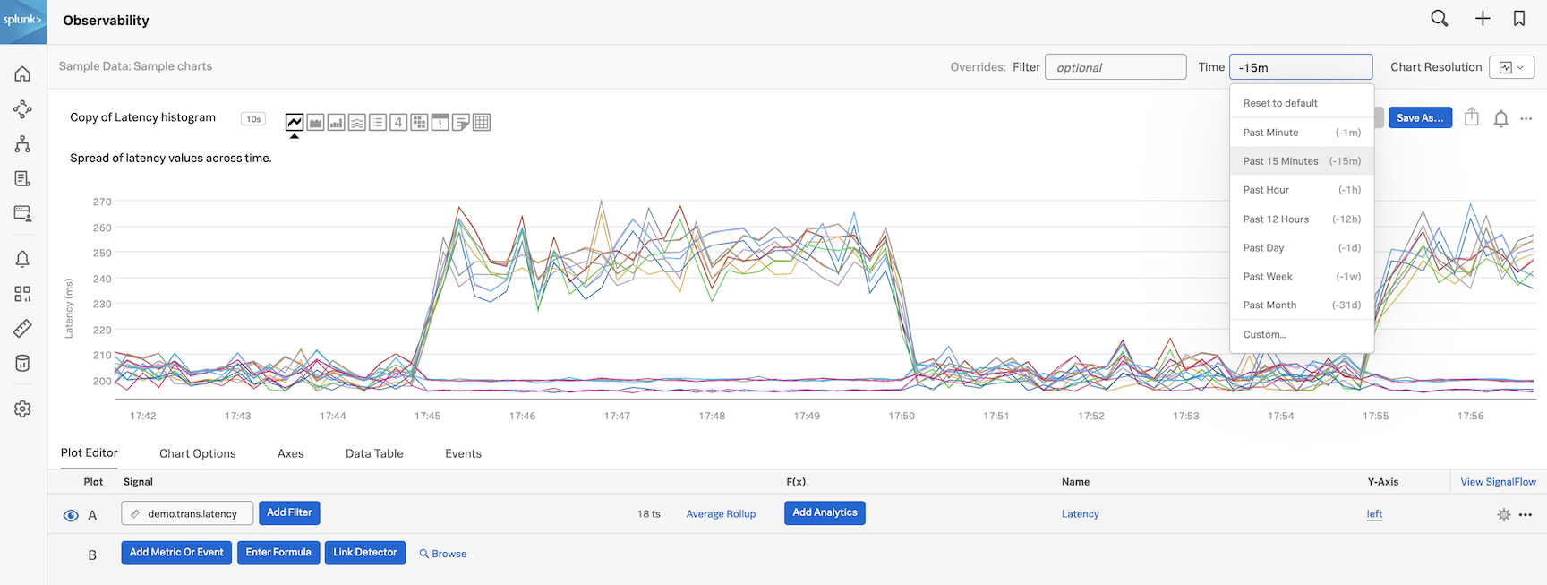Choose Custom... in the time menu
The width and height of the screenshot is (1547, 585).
pos(1264,334)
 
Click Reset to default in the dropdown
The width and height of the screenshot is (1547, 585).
pos(1280,103)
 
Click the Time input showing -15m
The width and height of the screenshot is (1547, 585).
pos(1300,67)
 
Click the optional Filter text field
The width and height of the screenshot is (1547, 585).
pos(1115,67)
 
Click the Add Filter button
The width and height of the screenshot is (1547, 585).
pos(289,513)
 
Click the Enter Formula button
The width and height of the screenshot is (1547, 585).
pos(278,553)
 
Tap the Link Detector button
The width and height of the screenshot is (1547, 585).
pos(364,553)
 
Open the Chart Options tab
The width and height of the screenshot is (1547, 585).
pos(198,453)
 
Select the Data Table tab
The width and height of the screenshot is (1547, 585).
pos(374,453)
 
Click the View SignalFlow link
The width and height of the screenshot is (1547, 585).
pos(1498,482)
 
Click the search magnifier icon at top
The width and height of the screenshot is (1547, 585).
pos(1439,19)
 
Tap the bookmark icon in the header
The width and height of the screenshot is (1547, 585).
pos(1519,19)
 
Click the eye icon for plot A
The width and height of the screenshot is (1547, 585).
pos(71,515)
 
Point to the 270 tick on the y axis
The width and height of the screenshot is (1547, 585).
pos(102,202)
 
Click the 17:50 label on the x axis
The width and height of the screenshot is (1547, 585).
pos(902,416)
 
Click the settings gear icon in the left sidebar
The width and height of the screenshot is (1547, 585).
pos(22,409)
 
